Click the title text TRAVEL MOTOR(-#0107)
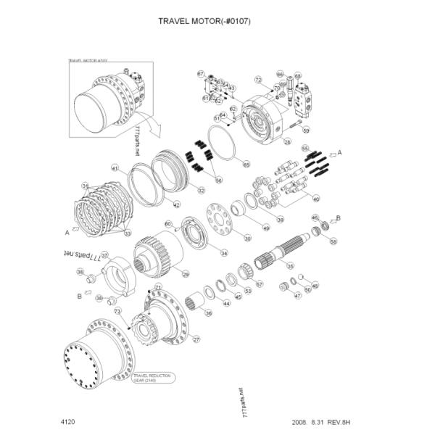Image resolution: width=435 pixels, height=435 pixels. pos(204,21)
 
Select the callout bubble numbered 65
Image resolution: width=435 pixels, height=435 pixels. pos(246,164)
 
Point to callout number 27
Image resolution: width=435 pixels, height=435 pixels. pos(194,339)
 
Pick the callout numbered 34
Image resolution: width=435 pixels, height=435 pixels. pos(224,253)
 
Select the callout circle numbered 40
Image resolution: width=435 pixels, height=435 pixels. pos(315,198)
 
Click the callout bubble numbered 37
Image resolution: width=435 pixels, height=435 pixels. pos(104,255)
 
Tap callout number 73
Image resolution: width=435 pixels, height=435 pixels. pos(117,312)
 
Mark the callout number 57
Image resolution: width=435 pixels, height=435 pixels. pos(259,284)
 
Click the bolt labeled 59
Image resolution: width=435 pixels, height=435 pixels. pos(294,128)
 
